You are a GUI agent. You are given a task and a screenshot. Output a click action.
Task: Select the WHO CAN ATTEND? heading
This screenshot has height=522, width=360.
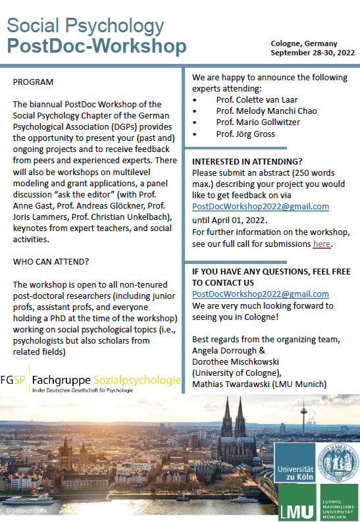(51, 261)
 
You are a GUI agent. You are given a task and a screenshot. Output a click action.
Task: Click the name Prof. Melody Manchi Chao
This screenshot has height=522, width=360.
(266, 111)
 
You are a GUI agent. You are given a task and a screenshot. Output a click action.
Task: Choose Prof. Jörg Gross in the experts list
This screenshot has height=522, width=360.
(246, 134)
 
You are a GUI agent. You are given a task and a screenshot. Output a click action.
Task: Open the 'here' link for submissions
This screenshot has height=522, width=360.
(322, 244)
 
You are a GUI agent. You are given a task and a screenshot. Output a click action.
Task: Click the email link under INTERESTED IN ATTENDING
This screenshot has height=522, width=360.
(261, 206)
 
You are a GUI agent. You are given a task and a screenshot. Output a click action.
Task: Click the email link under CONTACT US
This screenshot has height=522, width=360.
(261, 294)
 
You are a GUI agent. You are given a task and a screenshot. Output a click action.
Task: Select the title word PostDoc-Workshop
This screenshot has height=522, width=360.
(97, 47)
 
